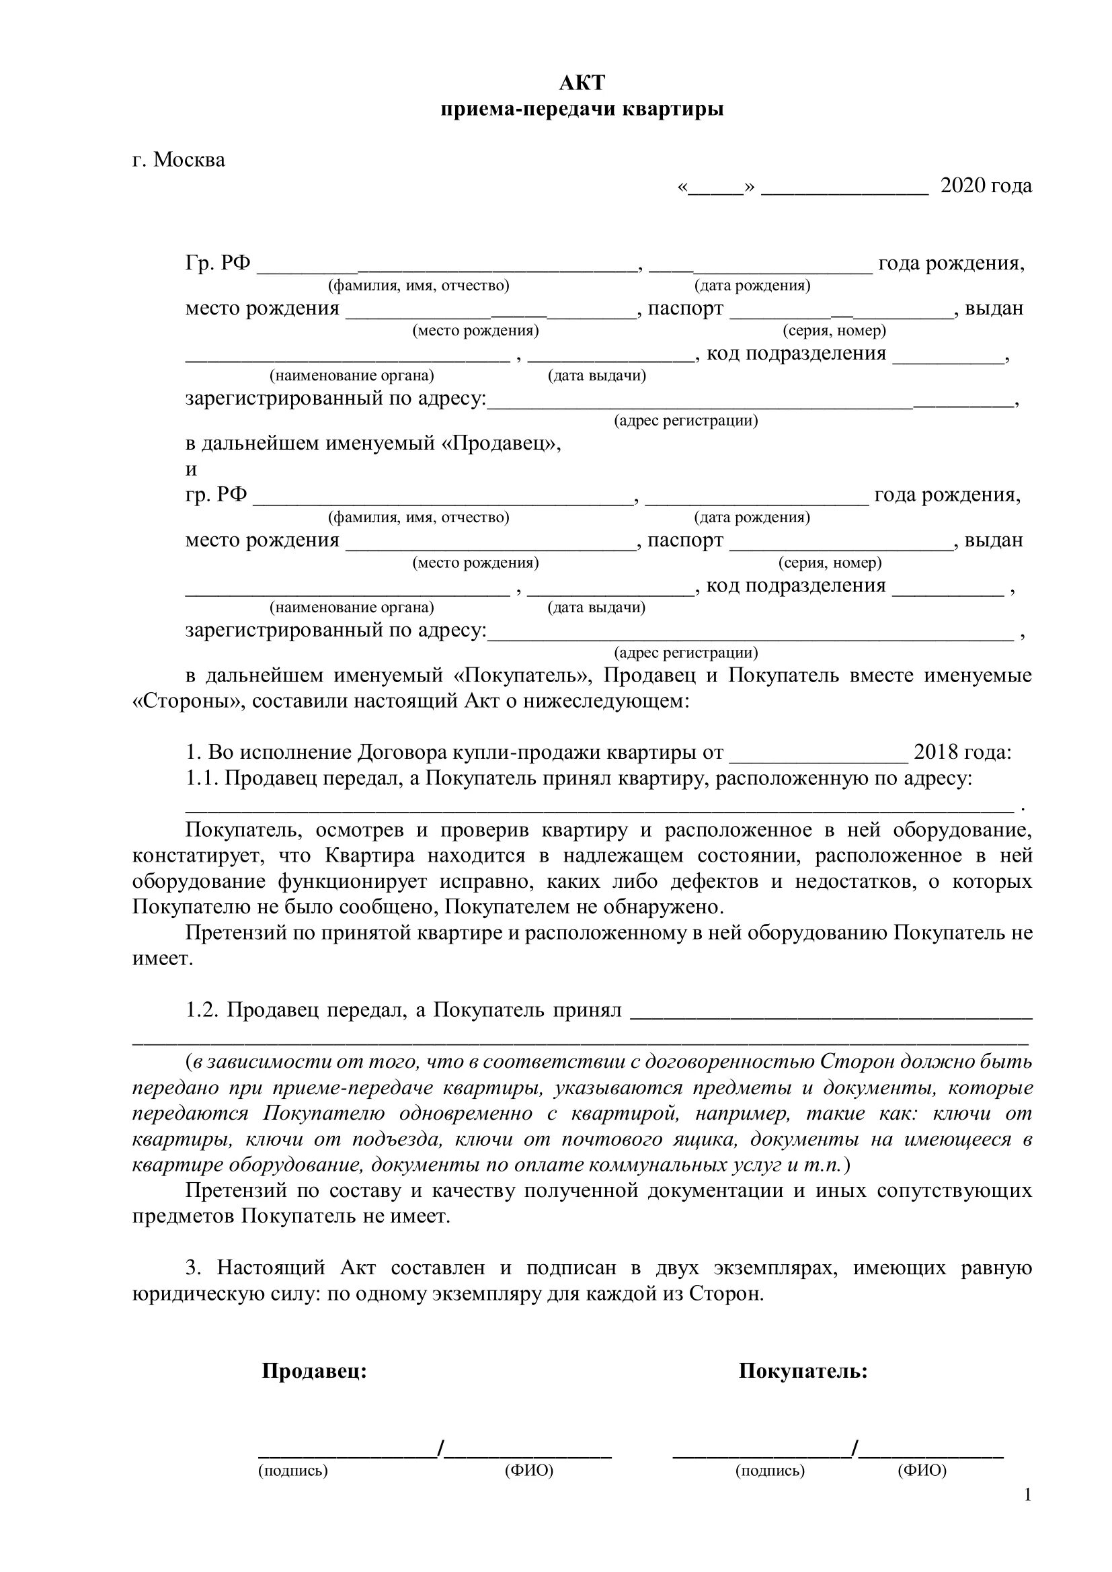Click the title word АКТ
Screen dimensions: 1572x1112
tap(582, 83)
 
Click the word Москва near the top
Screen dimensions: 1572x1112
tap(189, 159)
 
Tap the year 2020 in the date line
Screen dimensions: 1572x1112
tap(963, 185)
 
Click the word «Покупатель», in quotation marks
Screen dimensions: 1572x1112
tap(522, 675)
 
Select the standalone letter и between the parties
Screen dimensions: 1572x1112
tap(191, 470)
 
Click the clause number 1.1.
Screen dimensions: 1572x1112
tap(201, 778)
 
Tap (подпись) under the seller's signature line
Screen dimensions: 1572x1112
tap(293, 1470)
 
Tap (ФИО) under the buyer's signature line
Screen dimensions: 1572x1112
tap(922, 1470)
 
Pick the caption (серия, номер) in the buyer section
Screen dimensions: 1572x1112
tap(830, 563)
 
